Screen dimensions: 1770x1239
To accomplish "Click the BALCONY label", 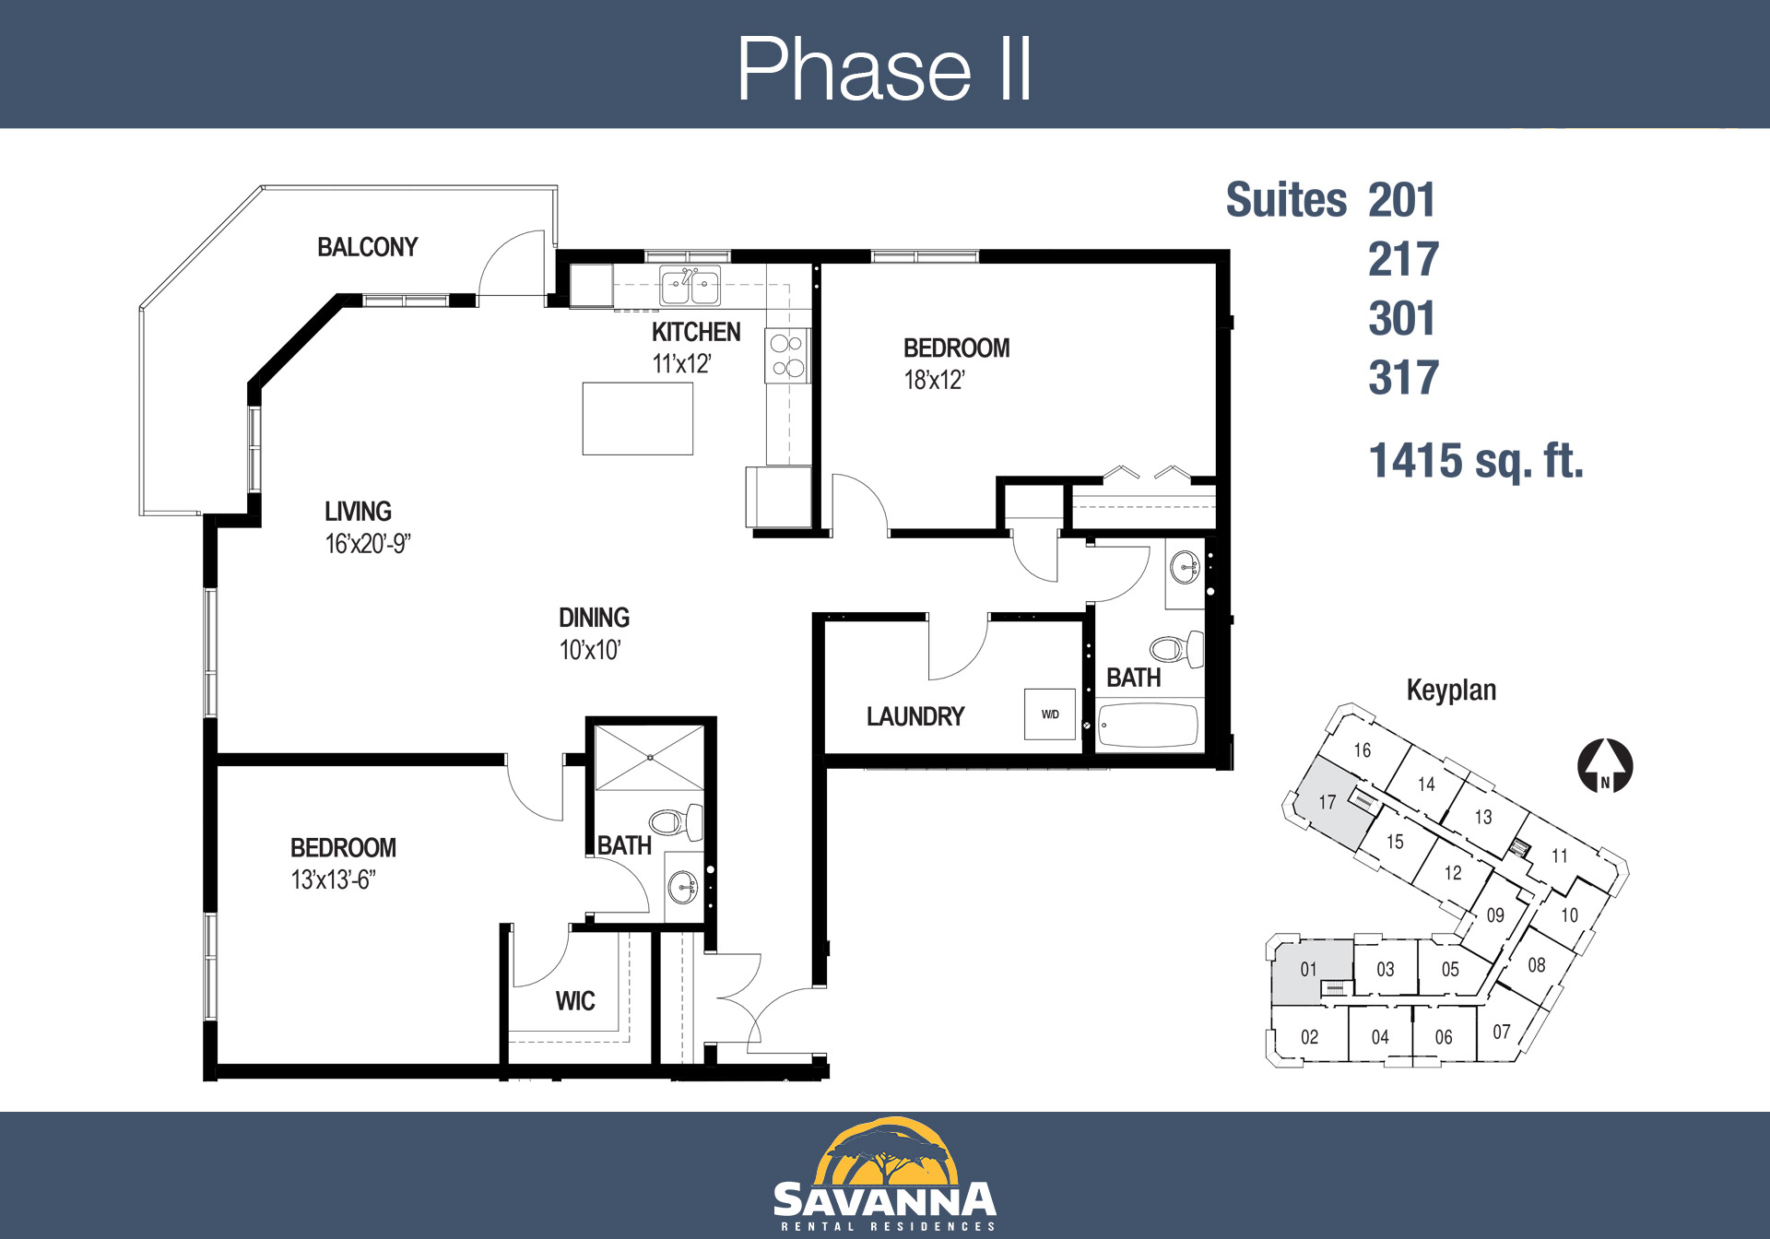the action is click(367, 247).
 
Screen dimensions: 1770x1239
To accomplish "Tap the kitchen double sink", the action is click(690, 285).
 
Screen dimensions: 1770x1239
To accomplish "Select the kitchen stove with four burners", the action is click(787, 356).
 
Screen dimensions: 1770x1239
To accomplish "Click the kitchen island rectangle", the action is click(637, 419).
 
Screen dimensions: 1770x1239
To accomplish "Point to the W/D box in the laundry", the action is click(1050, 714).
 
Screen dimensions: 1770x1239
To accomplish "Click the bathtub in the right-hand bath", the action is click(1149, 725).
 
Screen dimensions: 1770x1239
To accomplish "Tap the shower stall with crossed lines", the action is click(650, 758).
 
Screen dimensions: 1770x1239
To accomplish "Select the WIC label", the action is click(575, 1001).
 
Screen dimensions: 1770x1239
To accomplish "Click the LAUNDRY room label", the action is click(915, 716).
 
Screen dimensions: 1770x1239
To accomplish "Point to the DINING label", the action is click(594, 618).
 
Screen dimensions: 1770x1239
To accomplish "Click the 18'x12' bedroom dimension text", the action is click(934, 380).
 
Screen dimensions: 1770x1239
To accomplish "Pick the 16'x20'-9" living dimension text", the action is click(368, 544).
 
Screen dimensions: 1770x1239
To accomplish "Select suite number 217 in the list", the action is click(1403, 259).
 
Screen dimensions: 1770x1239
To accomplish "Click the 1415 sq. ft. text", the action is click(1476, 461).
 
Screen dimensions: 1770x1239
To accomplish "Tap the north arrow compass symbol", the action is click(1605, 766).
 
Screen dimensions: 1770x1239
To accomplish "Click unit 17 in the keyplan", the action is click(1327, 802).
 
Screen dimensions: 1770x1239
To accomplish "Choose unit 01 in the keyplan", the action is click(1309, 970).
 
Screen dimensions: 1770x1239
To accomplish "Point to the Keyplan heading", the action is click(1451, 690).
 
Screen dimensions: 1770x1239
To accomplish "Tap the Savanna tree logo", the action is click(885, 1152).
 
